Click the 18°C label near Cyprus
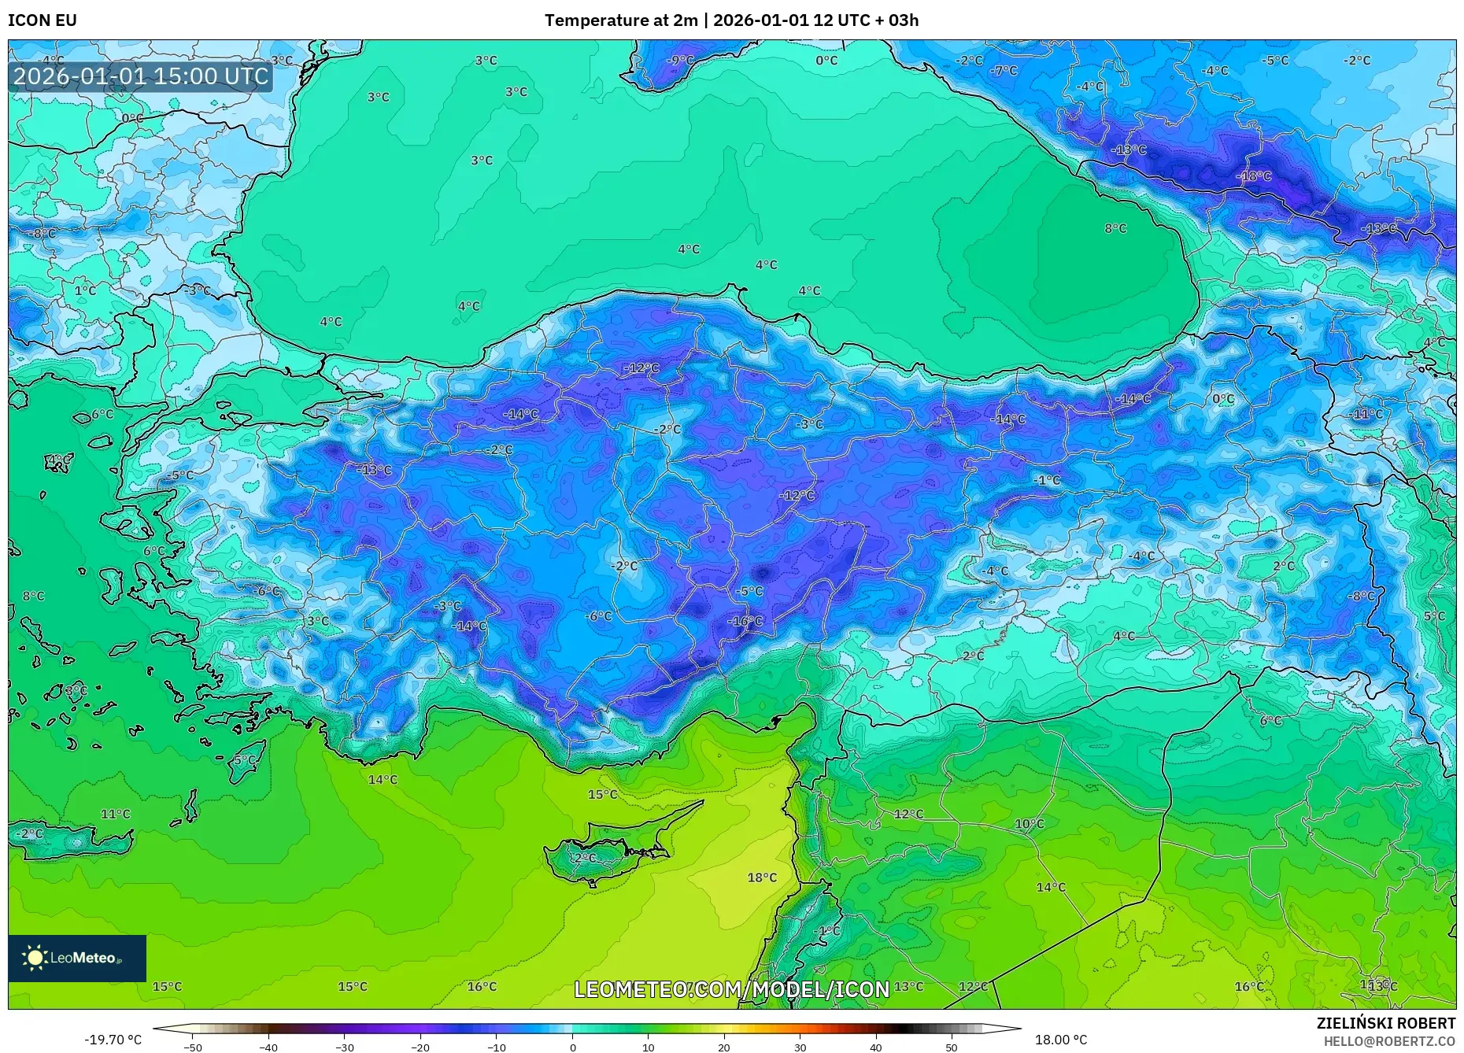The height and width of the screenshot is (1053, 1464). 761,878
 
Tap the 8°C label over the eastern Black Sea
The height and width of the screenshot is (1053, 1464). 1115,228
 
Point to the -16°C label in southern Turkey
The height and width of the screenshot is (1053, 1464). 745,621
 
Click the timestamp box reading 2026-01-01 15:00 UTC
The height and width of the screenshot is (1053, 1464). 141,76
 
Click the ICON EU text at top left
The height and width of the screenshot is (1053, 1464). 43,20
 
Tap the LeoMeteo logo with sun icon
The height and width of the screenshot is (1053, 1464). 76,958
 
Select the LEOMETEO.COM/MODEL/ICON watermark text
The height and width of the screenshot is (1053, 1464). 731,989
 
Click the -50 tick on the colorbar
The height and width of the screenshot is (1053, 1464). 193,1047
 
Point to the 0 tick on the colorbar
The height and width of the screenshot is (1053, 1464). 572,1047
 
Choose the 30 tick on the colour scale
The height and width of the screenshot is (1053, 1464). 800,1047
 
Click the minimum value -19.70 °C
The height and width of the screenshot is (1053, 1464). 113,1040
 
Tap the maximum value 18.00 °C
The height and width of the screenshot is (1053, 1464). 1060,1040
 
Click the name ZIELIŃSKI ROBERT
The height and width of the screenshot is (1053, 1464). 1385,1023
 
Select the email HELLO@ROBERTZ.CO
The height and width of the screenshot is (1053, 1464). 1388,1041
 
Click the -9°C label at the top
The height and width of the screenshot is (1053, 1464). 680,61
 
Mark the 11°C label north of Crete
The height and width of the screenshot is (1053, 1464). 115,814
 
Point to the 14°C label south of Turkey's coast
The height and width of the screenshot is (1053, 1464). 383,779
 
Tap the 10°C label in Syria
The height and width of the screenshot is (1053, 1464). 1029,824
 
